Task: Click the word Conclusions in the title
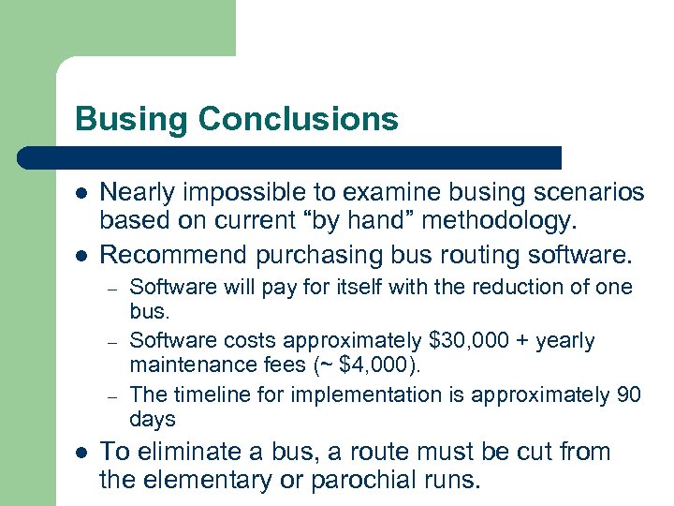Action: click(299, 119)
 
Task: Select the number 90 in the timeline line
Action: click(629, 394)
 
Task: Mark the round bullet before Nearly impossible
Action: click(81, 192)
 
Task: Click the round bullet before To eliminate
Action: click(81, 452)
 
